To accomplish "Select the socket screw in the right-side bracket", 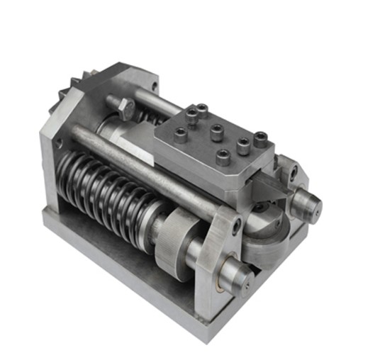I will point(291,170).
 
